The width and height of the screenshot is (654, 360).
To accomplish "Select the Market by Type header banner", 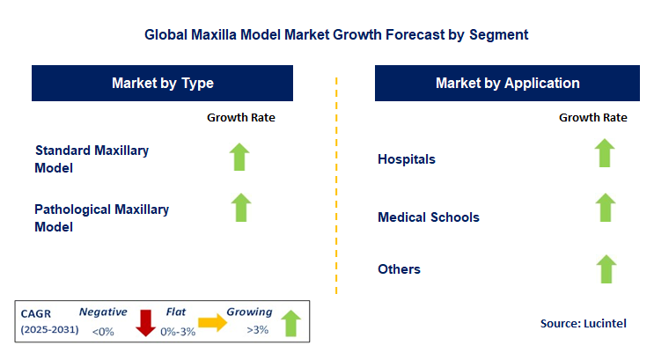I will pyautogui.click(x=163, y=84).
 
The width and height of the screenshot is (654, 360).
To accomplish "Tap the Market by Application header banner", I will pyautogui.click(x=507, y=84).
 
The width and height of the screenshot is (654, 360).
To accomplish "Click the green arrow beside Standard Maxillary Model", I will pyautogui.click(x=240, y=157).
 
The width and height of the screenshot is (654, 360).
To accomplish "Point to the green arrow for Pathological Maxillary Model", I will pyautogui.click(x=240, y=208).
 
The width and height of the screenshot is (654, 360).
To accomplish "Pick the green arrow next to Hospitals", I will pyautogui.click(x=604, y=153).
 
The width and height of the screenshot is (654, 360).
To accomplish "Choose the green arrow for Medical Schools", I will pyautogui.click(x=604, y=208).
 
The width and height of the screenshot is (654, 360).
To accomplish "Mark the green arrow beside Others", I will pyautogui.click(x=604, y=268).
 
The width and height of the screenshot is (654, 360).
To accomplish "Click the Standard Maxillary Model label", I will pyautogui.click(x=92, y=158).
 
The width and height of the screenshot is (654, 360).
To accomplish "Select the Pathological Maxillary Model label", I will pyautogui.click(x=101, y=217).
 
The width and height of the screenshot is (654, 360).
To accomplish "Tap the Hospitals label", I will pyautogui.click(x=407, y=159).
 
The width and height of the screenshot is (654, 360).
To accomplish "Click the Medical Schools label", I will pyautogui.click(x=429, y=217).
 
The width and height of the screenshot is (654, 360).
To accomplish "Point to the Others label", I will pyautogui.click(x=399, y=269).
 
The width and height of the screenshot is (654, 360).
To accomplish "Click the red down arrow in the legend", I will pyautogui.click(x=145, y=322).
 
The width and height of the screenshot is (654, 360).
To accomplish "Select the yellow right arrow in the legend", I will pyautogui.click(x=211, y=323).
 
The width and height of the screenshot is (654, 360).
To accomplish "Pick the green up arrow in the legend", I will pyautogui.click(x=291, y=323).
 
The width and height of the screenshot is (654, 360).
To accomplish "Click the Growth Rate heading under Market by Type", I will pyautogui.click(x=241, y=118).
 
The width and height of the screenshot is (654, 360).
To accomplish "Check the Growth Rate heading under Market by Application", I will pyautogui.click(x=592, y=118).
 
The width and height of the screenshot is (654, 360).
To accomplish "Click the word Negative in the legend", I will pyautogui.click(x=103, y=312).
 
